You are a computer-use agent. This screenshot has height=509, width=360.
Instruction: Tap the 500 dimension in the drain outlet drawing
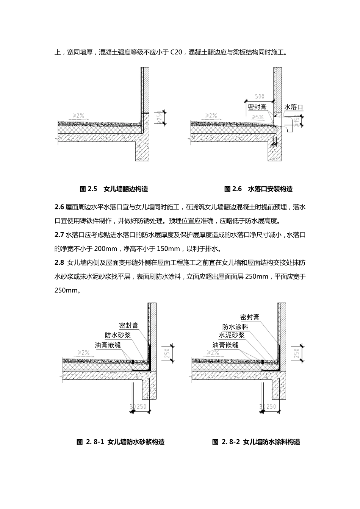point(260,97)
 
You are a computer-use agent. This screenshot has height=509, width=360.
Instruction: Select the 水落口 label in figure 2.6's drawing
point(294,107)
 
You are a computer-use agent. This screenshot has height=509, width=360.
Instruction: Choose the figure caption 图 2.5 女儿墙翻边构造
point(114,189)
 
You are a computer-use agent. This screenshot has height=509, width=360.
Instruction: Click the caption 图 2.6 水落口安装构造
point(258,189)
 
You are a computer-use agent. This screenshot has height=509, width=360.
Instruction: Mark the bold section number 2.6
point(59,207)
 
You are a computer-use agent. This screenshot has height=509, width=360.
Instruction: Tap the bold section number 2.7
point(59,235)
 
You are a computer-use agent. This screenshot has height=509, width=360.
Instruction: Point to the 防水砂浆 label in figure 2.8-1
point(118,335)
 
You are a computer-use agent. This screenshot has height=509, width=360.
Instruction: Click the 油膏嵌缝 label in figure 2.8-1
point(108,345)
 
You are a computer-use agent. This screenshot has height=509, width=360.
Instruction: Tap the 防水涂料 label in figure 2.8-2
point(235,327)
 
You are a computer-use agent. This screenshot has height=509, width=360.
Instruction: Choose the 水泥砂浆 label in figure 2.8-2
point(231,336)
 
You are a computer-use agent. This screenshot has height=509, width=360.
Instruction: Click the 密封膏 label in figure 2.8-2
point(250,317)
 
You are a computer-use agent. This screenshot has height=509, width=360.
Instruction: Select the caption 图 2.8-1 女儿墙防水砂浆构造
point(121,442)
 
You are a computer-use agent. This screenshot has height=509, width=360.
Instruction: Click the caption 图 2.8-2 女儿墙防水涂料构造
point(256,442)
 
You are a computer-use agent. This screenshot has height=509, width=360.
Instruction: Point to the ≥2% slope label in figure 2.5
point(77,115)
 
